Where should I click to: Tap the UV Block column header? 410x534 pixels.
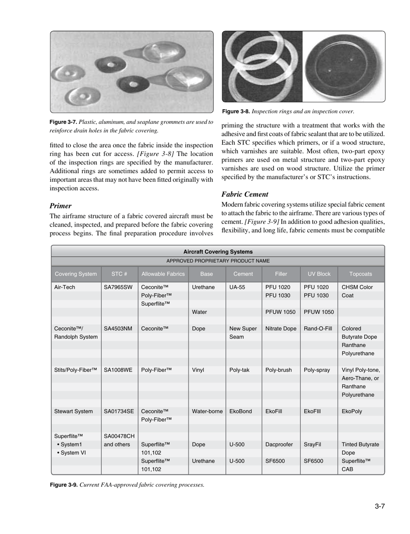[x=319, y=273]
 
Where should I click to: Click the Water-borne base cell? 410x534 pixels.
[x=207, y=412]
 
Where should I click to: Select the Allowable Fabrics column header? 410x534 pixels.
[x=163, y=273]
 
